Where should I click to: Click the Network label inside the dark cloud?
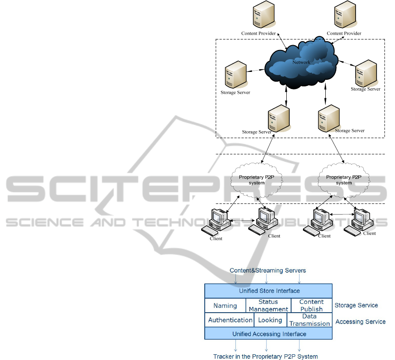tap(301, 62)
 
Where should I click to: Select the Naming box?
tap(225, 306)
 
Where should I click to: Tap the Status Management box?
tap(268, 306)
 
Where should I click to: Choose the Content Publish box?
tap(311, 306)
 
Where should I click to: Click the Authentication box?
tap(230, 320)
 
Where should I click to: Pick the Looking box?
tap(270, 320)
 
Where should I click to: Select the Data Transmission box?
tap(310, 320)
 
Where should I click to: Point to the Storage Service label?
tap(356, 305)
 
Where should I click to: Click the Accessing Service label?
tap(360, 321)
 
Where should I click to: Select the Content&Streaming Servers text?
tap(268, 271)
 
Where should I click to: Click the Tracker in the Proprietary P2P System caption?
tap(265, 356)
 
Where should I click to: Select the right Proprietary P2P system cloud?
tap(344, 179)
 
